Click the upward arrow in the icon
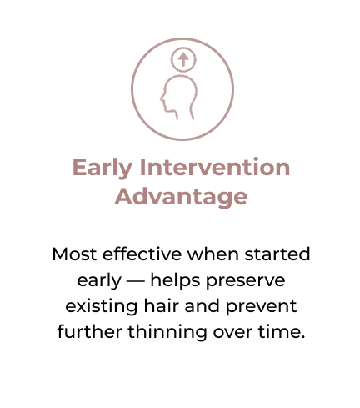click(183, 59)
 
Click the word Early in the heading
click(102, 168)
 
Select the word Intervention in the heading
click(215, 167)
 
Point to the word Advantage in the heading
click(181, 198)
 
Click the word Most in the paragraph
click(74, 254)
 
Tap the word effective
click(142, 254)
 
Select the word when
click(212, 254)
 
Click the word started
click(277, 254)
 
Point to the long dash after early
click(136, 281)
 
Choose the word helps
click(175, 280)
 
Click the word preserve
click(245, 281)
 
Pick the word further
click(90, 331)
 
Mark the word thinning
click(167, 332)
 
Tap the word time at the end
click(279, 332)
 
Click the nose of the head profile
click(162, 98)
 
